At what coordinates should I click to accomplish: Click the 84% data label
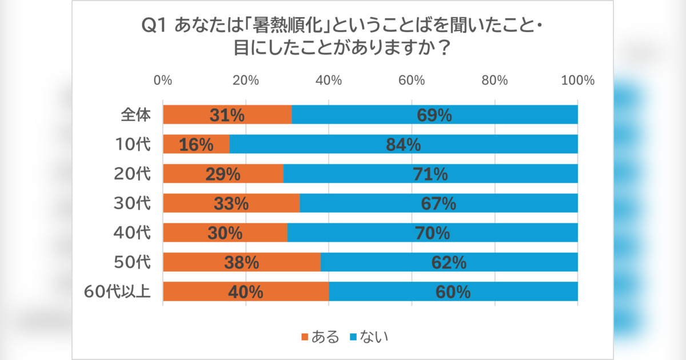pyautogui.click(x=403, y=145)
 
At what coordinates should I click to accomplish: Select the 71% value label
pyautogui.click(x=430, y=174)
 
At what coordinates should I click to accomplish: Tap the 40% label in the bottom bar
pyautogui.click(x=245, y=292)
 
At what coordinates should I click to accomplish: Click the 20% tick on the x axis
pyautogui.click(x=246, y=80)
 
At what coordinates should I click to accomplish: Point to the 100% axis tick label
pyautogui.click(x=577, y=80)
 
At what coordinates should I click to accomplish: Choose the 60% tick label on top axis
pyautogui.click(x=412, y=80)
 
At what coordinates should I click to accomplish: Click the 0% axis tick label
pyautogui.click(x=163, y=80)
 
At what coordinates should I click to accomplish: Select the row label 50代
pyautogui.click(x=135, y=262)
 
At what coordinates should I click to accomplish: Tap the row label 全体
pyautogui.click(x=135, y=115)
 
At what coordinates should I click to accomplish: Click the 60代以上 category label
pyautogui.click(x=117, y=292)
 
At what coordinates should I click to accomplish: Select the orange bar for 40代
pyautogui.click(x=225, y=233)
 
